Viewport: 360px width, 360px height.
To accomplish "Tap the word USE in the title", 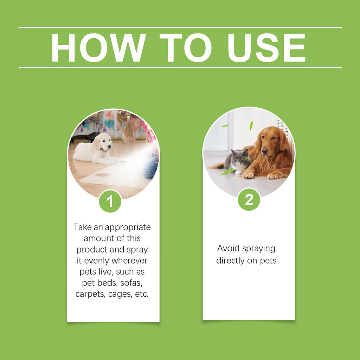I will [x=266, y=48].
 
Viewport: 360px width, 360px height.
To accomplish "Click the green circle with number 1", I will [x=110, y=201].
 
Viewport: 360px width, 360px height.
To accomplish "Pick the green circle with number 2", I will [x=249, y=200].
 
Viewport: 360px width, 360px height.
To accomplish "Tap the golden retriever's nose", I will [x=265, y=151].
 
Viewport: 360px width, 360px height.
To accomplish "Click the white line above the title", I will [x=180, y=27].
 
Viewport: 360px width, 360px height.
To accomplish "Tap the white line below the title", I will [x=180, y=67].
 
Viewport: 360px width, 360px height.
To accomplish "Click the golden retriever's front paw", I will [x=249, y=175].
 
